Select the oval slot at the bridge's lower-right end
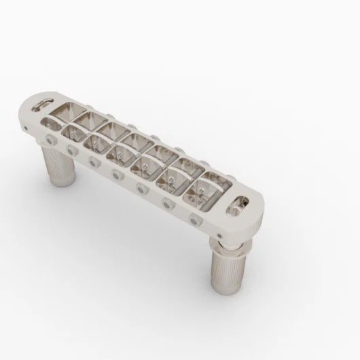tap(239, 201)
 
